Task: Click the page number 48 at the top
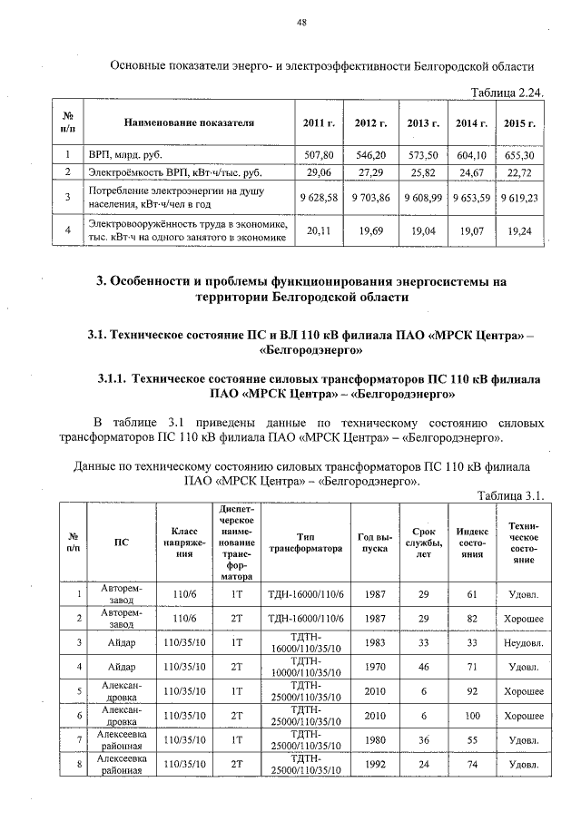coord(300,24)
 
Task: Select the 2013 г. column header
coord(423,122)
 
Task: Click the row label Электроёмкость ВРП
coord(149,171)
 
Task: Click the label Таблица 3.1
coord(511,494)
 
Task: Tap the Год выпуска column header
coord(373,542)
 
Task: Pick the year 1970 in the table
coord(373,668)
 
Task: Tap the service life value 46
coord(423,668)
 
